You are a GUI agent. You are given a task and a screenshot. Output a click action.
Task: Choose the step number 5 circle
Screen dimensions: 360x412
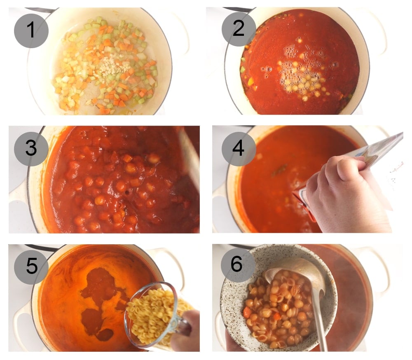(31, 266)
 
